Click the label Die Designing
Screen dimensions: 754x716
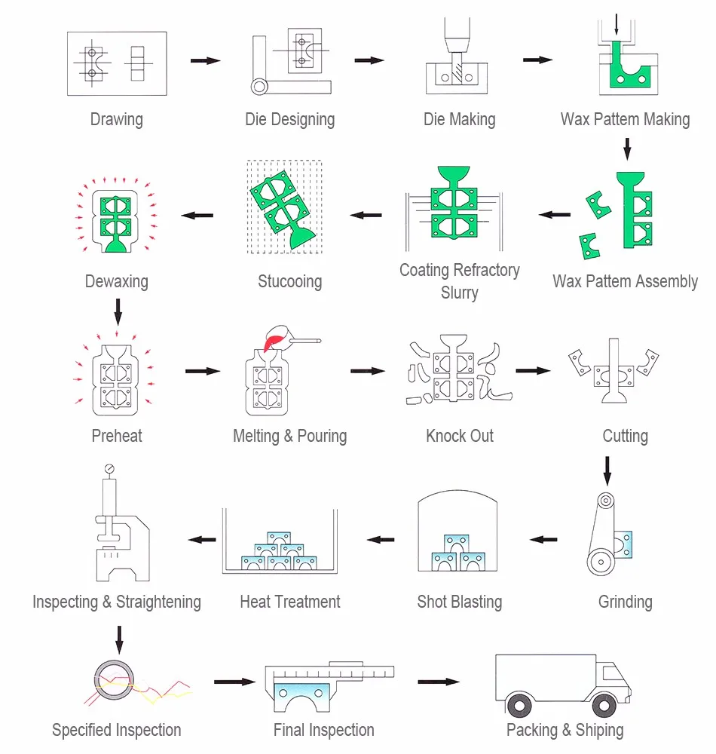tap(289, 119)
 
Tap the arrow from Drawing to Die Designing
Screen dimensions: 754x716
tap(204, 60)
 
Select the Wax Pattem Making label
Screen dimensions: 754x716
tap(625, 119)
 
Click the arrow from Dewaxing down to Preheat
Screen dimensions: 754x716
tap(117, 308)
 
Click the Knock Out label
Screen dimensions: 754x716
tap(460, 436)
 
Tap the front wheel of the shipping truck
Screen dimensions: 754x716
tap(604, 705)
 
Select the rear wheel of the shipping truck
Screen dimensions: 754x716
tap(519, 705)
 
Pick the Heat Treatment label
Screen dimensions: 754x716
tap(290, 602)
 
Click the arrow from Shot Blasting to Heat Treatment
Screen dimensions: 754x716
tap(381, 539)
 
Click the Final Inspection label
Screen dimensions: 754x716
tap(323, 730)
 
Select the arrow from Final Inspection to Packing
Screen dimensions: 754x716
tap(438, 682)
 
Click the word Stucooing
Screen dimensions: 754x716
tap(289, 282)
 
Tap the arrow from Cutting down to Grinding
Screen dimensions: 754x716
tap(607, 469)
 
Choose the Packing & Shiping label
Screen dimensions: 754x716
tap(565, 730)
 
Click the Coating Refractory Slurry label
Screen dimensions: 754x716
tap(459, 280)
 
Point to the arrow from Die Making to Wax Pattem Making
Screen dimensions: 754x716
tap(537, 60)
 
